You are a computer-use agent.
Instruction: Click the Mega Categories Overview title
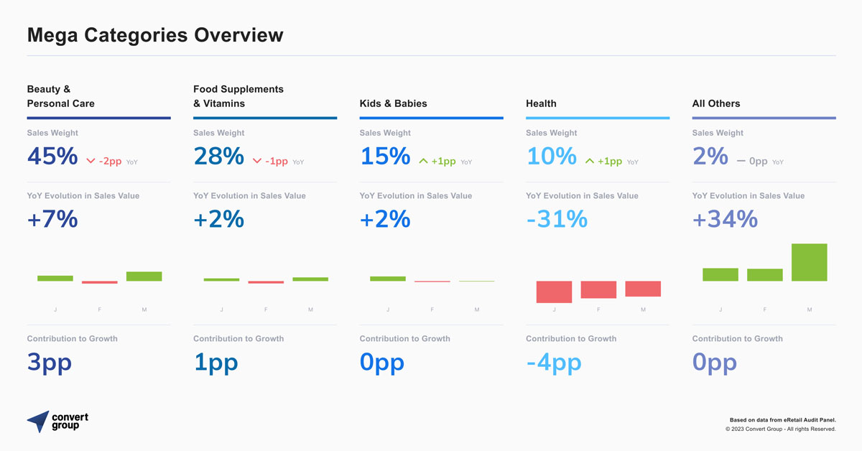click(155, 34)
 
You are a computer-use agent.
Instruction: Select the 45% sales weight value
click(52, 156)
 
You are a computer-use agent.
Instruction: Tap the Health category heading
click(541, 103)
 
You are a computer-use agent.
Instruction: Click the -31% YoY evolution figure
click(557, 219)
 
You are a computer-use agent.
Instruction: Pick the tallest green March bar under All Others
click(809, 262)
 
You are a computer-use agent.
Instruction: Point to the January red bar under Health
click(554, 292)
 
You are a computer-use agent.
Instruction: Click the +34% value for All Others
click(725, 219)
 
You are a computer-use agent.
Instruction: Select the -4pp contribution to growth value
click(553, 362)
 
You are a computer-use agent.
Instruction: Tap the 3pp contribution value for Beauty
click(50, 362)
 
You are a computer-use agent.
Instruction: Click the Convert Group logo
click(57, 422)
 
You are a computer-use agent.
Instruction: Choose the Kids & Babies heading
click(393, 103)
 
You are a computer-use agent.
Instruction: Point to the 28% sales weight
click(218, 156)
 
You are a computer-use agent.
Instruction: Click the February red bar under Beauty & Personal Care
click(99, 282)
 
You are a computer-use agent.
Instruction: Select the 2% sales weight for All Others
click(710, 156)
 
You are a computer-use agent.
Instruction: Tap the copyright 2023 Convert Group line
click(780, 429)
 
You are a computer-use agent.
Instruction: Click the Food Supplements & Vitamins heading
click(238, 96)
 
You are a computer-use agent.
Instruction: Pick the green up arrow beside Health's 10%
click(590, 162)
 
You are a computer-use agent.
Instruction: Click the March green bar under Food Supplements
click(310, 279)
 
